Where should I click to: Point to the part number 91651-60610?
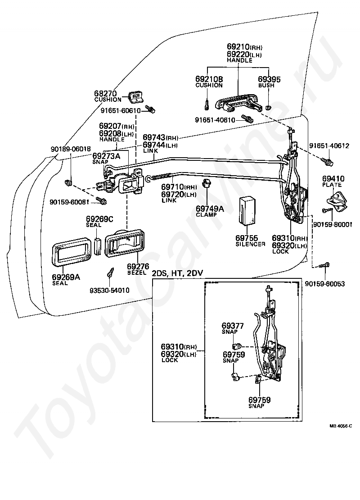(x=121, y=110)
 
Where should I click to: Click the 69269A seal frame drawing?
(x=72, y=254)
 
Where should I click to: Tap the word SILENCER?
(x=251, y=244)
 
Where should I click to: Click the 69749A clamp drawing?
(x=207, y=184)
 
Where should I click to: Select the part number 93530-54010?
(x=109, y=291)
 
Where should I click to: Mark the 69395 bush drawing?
(x=269, y=108)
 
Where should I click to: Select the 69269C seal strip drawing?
(x=97, y=244)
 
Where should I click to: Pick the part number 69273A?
(x=107, y=155)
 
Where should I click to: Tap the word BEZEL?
(x=135, y=273)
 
